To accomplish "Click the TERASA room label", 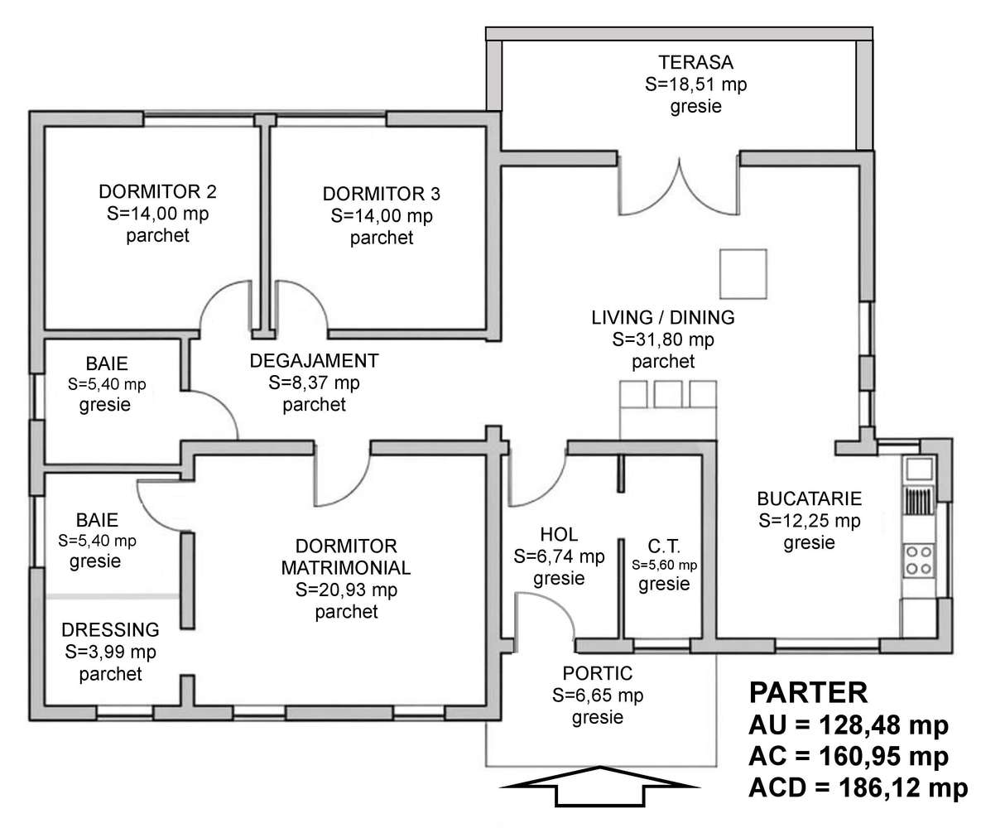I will [695, 63].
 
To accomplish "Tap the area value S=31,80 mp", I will [662, 339].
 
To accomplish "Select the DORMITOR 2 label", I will [157, 192].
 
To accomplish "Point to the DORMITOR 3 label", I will [382, 194].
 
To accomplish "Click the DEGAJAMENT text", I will [314, 361].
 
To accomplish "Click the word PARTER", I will [808, 692].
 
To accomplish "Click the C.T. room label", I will [664, 546].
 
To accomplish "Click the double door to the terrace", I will [678, 186].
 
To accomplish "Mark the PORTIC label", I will [597, 672].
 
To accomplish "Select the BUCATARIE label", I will [809, 499].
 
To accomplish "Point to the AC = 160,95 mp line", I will [848, 757].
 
